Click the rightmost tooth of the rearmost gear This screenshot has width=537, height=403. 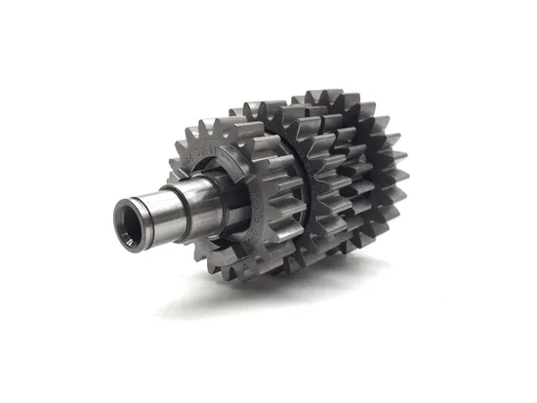pyautogui.click(x=402, y=181)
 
